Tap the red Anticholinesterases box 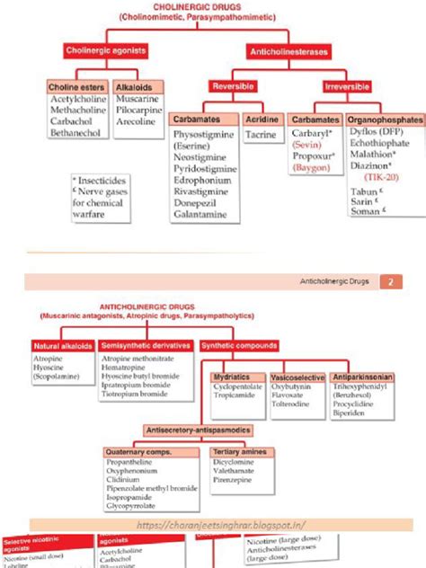289,53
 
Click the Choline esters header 77,87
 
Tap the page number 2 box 392,282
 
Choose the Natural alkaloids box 63,345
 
